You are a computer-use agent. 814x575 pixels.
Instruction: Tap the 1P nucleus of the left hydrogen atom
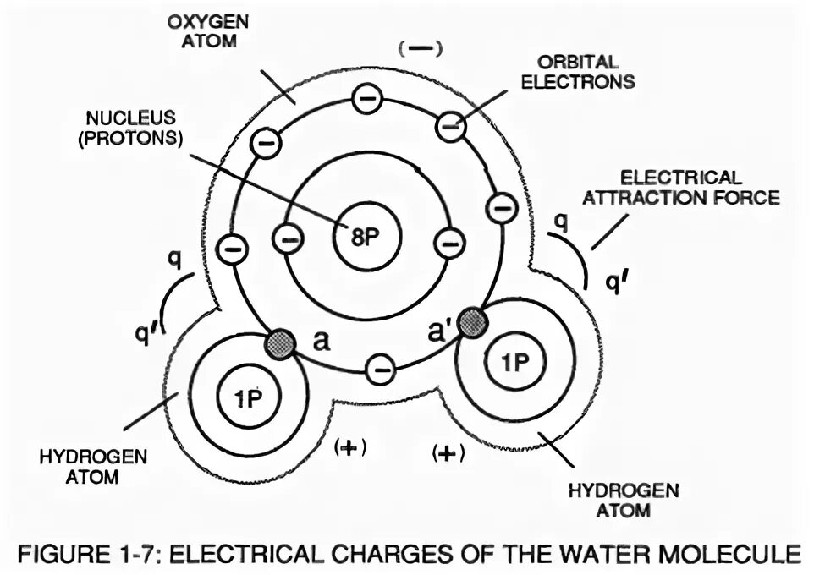coord(248,397)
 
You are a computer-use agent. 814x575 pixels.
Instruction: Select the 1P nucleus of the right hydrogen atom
coord(512,363)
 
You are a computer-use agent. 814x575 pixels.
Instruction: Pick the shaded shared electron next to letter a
coord(280,342)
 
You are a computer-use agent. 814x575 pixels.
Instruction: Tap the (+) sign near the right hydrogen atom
coord(448,452)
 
